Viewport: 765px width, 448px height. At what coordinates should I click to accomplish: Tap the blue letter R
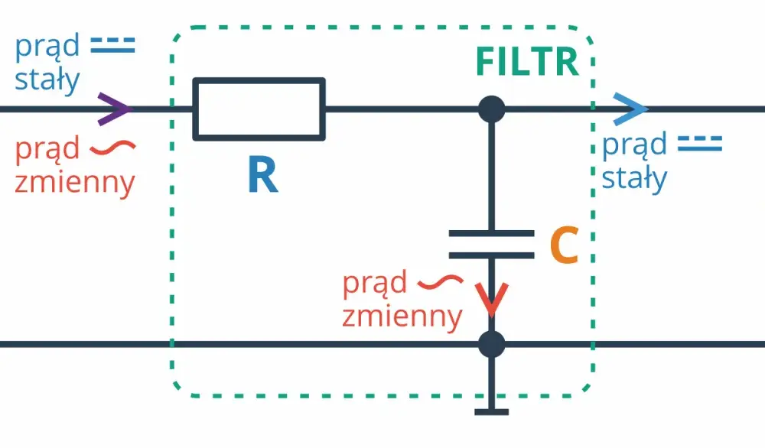point(263,174)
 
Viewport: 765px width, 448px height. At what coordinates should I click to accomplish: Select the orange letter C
point(564,245)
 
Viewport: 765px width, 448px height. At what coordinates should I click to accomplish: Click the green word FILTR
point(527,62)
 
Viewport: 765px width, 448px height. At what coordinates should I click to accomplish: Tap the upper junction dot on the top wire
point(491,109)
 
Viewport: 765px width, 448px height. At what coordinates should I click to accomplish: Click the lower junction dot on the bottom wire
point(491,344)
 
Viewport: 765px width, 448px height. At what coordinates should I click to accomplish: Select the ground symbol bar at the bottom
point(491,412)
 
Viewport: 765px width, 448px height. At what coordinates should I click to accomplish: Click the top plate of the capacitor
point(491,233)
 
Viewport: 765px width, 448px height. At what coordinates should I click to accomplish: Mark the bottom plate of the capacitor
point(491,255)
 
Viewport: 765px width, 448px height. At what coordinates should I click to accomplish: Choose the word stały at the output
point(634,178)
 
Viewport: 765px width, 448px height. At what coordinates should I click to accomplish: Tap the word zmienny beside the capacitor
point(402,317)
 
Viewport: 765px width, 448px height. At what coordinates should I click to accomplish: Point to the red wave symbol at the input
point(112,146)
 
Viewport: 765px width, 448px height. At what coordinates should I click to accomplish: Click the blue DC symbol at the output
point(700,144)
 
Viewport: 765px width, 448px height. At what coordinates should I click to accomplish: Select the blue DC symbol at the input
point(112,45)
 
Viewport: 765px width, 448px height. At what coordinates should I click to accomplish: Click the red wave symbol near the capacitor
point(441,282)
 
